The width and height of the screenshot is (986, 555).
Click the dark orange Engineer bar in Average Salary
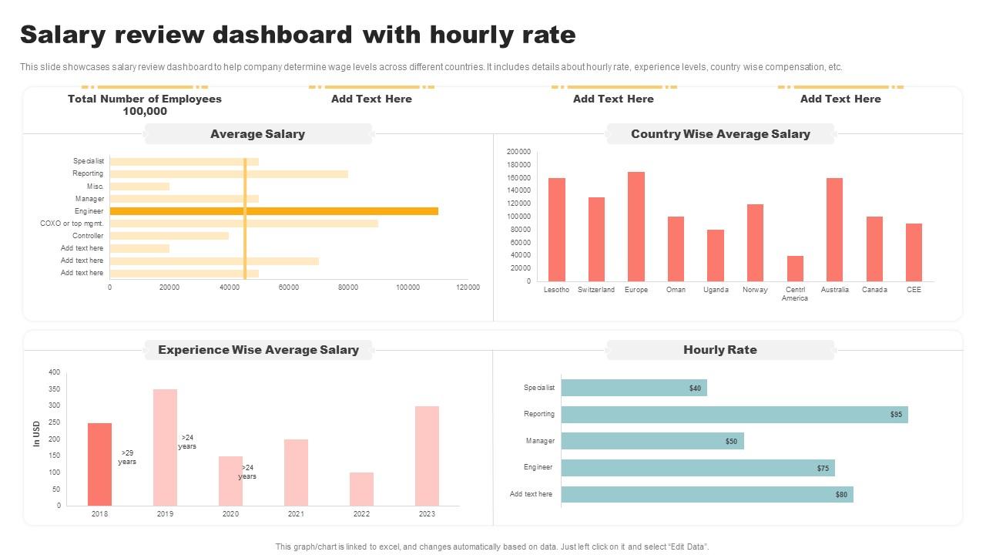point(273,211)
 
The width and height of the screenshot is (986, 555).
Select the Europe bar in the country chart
point(636,227)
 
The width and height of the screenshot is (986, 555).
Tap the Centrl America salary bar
point(795,268)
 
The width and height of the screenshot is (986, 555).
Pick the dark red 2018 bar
point(99,464)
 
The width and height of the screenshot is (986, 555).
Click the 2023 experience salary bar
point(427,456)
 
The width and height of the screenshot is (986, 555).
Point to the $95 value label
point(896,415)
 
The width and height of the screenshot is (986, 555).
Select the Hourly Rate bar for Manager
point(652,441)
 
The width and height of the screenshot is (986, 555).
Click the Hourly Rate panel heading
point(719,350)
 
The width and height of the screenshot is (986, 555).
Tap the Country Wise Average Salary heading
point(719,134)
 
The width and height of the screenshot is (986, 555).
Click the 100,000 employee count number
point(145,111)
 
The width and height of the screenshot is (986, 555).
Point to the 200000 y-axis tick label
point(518,152)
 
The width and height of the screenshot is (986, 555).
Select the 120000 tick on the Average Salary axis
point(468,288)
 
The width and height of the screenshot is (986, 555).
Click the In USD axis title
point(36,434)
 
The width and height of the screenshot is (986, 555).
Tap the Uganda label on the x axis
point(716,290)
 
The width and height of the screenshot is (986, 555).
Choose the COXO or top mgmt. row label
point(72,224)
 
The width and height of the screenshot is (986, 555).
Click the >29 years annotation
point(127,457)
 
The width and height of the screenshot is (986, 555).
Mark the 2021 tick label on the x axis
point(296,514)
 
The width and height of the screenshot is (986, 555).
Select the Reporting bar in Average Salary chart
point(229,174)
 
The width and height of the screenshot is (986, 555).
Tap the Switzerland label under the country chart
point(596,290)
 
